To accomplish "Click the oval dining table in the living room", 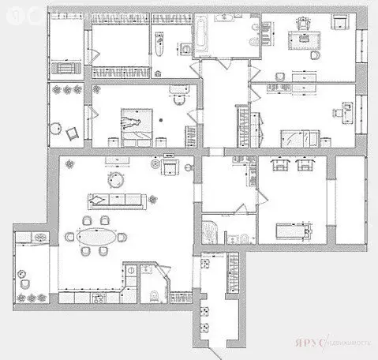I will pos(99,236).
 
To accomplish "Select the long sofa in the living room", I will pos(118,199).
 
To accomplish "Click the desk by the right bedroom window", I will pos(342,114).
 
